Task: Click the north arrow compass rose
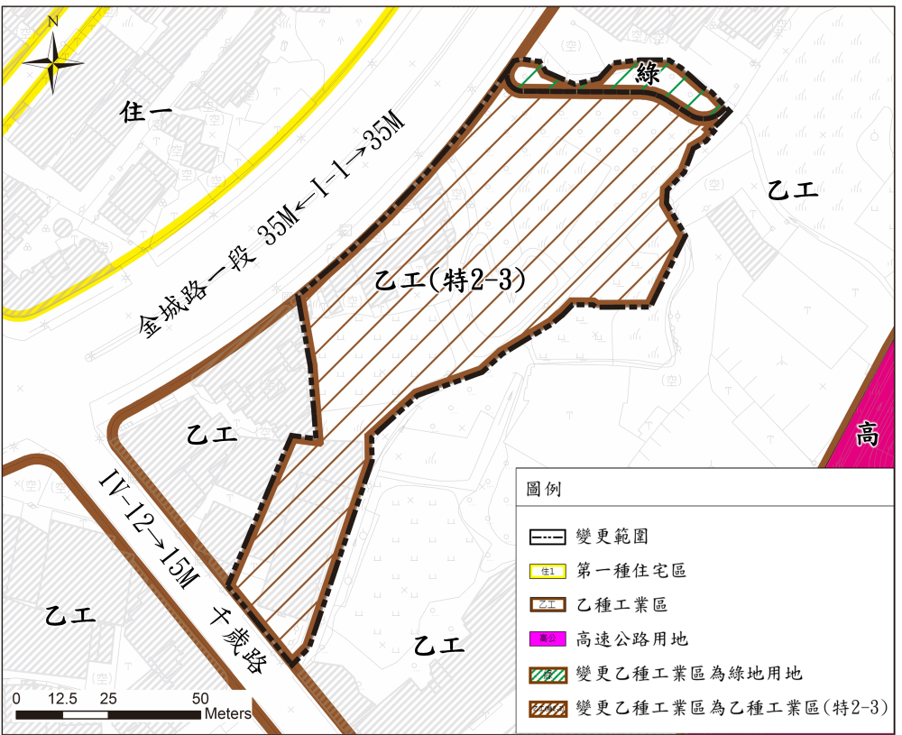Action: coord(53,62)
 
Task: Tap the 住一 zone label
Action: coord(145,113)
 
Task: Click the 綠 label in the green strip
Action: coord(648,75)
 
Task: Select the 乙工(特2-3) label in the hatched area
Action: coord(448,280)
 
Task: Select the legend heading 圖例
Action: coord(543,489)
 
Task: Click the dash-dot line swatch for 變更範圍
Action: coord(547,537)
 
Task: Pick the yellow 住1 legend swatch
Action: coord(547,571)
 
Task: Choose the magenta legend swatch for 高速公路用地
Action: coord(547,639)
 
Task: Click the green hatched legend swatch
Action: coord(547,673)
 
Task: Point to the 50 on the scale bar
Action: coord(200,698)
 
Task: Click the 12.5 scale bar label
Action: coord(62,698)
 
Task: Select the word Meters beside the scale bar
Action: coord(228,713)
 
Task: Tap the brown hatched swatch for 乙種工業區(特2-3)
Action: coord(547,707)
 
